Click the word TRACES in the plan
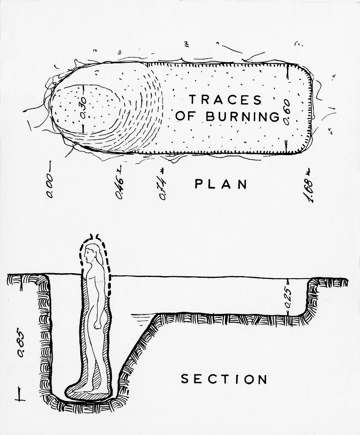pos(225,100)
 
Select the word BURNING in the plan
pos(243,116)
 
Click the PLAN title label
pos(221,184)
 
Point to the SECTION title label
pos(224,379)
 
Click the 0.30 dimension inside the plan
pos(83,108)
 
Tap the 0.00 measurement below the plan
pos(50,186)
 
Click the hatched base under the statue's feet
pos(89,395)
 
